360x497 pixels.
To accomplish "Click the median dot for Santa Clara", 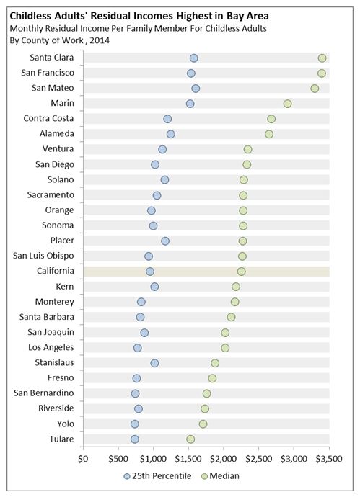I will coord(322,58).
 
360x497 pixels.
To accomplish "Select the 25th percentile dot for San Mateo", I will coord(196,88).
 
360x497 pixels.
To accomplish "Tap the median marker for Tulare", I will coord(190,439).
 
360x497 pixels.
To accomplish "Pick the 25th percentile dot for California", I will coord(150,272).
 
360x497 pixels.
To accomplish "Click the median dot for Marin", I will coord(287,104).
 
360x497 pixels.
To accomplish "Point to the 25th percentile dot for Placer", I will coord(165,241).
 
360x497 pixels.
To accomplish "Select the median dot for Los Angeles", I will coord(225,348).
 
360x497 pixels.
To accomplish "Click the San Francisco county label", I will coord(48,73).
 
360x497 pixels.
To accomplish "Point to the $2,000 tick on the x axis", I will coord(224,457).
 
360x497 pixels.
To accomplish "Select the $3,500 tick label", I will coord(329,457).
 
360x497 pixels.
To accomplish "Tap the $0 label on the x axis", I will coord(83,457).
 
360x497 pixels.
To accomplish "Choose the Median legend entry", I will coord(220,475).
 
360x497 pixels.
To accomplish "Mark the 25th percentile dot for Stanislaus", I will coord(154,363).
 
